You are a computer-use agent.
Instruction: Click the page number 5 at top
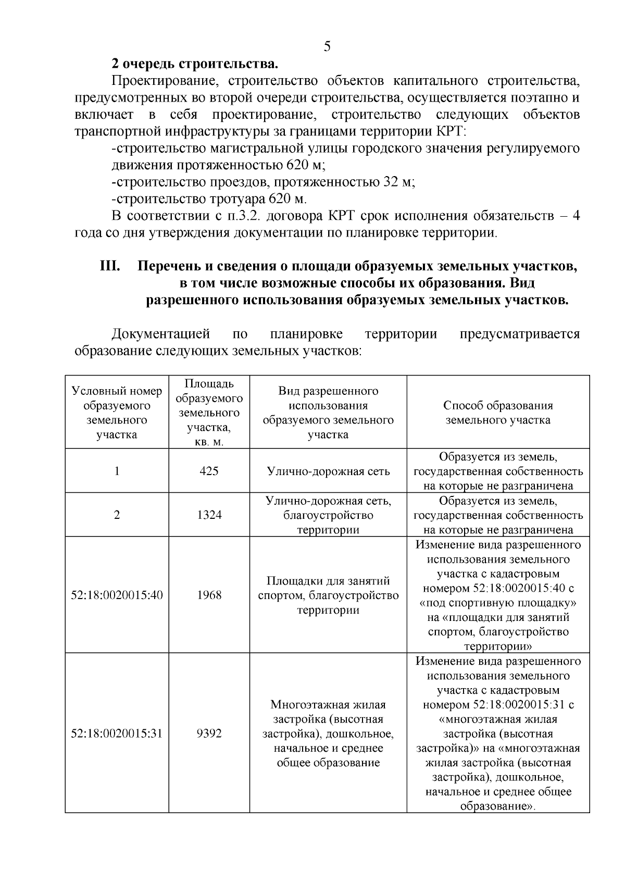pos(327,47)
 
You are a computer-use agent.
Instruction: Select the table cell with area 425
pos(209,471)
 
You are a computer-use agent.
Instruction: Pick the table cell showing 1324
pos(209,515)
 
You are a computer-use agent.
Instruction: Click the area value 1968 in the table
pos(209,595)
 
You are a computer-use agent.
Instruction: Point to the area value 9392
pos(209,733)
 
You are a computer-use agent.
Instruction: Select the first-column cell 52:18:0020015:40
pos(117,595)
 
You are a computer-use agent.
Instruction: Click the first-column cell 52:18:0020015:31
pos(117,733)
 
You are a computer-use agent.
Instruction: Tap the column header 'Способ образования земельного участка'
pos(498,413)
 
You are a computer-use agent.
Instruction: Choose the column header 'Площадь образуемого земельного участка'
pos(209,413)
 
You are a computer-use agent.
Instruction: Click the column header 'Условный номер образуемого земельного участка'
pos(117,413)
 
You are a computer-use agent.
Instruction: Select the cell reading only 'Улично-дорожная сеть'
pos(328,471)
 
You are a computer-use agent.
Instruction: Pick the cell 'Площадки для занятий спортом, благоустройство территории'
pos(328,595)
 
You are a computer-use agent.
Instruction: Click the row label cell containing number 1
pos(117,471)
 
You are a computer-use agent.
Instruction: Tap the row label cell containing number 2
pos(117,515)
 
